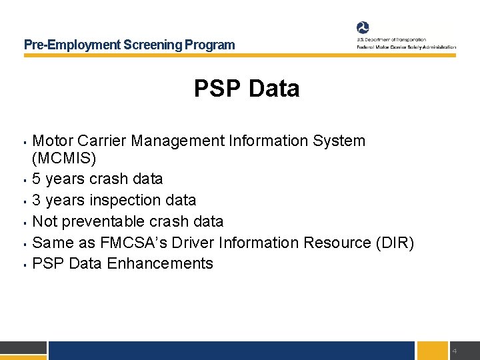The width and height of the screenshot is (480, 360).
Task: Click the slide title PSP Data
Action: tap(247, 89)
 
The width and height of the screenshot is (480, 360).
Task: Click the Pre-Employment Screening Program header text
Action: tap(129, 45)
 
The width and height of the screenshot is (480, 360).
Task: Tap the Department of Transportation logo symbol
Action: tap(363, 28)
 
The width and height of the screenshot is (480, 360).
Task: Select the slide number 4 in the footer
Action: tap(454, 351)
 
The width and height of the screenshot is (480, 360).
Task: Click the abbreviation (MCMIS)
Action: tap(64, 159)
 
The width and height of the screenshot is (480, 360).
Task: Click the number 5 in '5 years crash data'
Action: tap(37, 179)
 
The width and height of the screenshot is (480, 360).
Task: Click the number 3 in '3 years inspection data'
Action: tap(37, 200)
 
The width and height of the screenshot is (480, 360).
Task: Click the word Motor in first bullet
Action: tap(53, 141)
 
